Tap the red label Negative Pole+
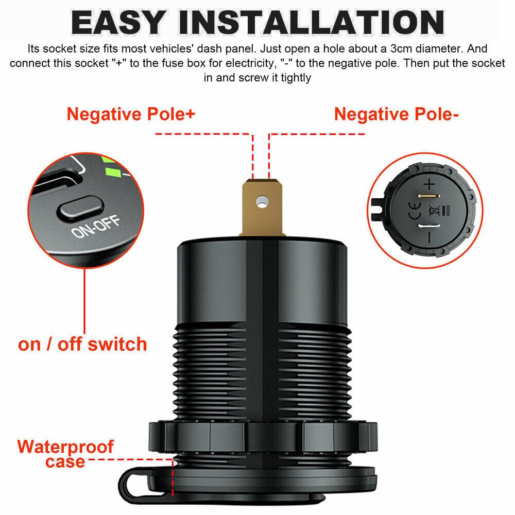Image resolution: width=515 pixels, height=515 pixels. [x=131, y=114]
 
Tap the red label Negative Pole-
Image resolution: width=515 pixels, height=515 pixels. [x=396, y=114]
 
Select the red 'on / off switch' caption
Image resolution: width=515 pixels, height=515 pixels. [x=82, y=344]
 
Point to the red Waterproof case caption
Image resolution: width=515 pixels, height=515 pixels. [x=65, y=454]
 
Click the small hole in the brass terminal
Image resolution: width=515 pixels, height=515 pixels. [x=262, y=201]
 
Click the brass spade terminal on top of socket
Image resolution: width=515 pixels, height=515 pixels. [x=262, y=207]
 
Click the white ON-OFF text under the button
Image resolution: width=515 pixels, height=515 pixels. [x=96, y=227]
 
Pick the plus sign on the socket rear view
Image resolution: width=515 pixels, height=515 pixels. [x=430, y=184]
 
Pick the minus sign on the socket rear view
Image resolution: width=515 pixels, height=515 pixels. [x=429, y=237]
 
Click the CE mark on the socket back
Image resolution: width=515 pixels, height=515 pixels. [x=415, y=211]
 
